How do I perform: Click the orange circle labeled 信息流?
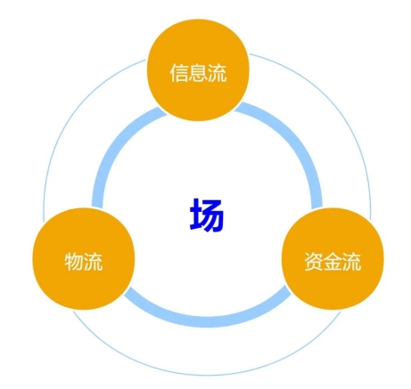tap(198, 70)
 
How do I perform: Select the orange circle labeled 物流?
tap(84, 259)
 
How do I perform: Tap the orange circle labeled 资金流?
tap(333, 259)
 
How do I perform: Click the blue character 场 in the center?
tap(206, 215)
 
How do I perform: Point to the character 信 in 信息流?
tap(179, 73)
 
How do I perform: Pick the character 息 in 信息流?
tap(198, 73)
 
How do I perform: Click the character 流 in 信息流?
tap(217, 73)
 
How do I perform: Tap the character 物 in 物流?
tap(74, 262)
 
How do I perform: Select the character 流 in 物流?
tap(94, 262)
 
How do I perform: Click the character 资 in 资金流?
tap(314, 262)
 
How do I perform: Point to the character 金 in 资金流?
tap(333, 262)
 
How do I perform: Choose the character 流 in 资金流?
tap(352, 262)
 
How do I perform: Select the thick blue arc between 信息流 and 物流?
tap(117, 146)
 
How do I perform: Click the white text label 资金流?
tap(333, 262)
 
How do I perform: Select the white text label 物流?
tap(84, 262)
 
